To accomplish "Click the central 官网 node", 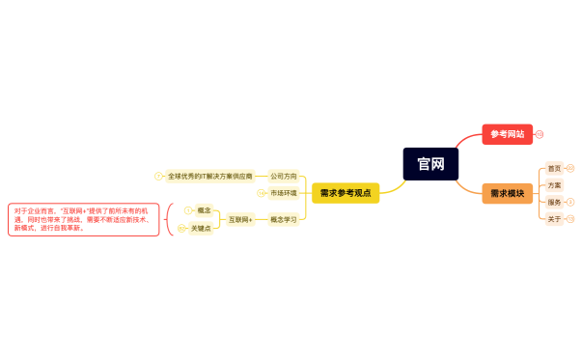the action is [x=430, y=164].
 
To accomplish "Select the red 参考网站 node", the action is [x=507, y=134].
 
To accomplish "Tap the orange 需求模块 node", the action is [x=507, y=193].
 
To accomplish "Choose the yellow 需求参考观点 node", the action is [x=345, y=193].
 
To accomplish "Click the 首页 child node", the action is [x=554, y=168].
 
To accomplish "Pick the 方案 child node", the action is [x=554, y=185].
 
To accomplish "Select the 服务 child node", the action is [x=554, y=203].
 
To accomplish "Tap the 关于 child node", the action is [x=554, y=219].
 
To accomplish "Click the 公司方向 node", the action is [x=283, y=177].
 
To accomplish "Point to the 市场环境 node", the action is [x=283, y=193].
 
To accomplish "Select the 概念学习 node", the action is [x=283, y=220].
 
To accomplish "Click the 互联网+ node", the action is [x=240, y=220].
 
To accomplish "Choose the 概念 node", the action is [x=204, y=210].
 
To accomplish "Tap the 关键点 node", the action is [x=201, y=229].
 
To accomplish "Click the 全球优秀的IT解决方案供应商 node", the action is [x=209, y=177].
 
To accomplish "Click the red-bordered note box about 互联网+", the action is [x=83, y=219].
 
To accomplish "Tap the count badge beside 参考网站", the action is [x=540, y=134].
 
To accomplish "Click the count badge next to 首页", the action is [x=569, y=168].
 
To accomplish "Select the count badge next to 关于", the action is [x=569, y=219].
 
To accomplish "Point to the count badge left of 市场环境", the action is [x=261, y=193].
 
